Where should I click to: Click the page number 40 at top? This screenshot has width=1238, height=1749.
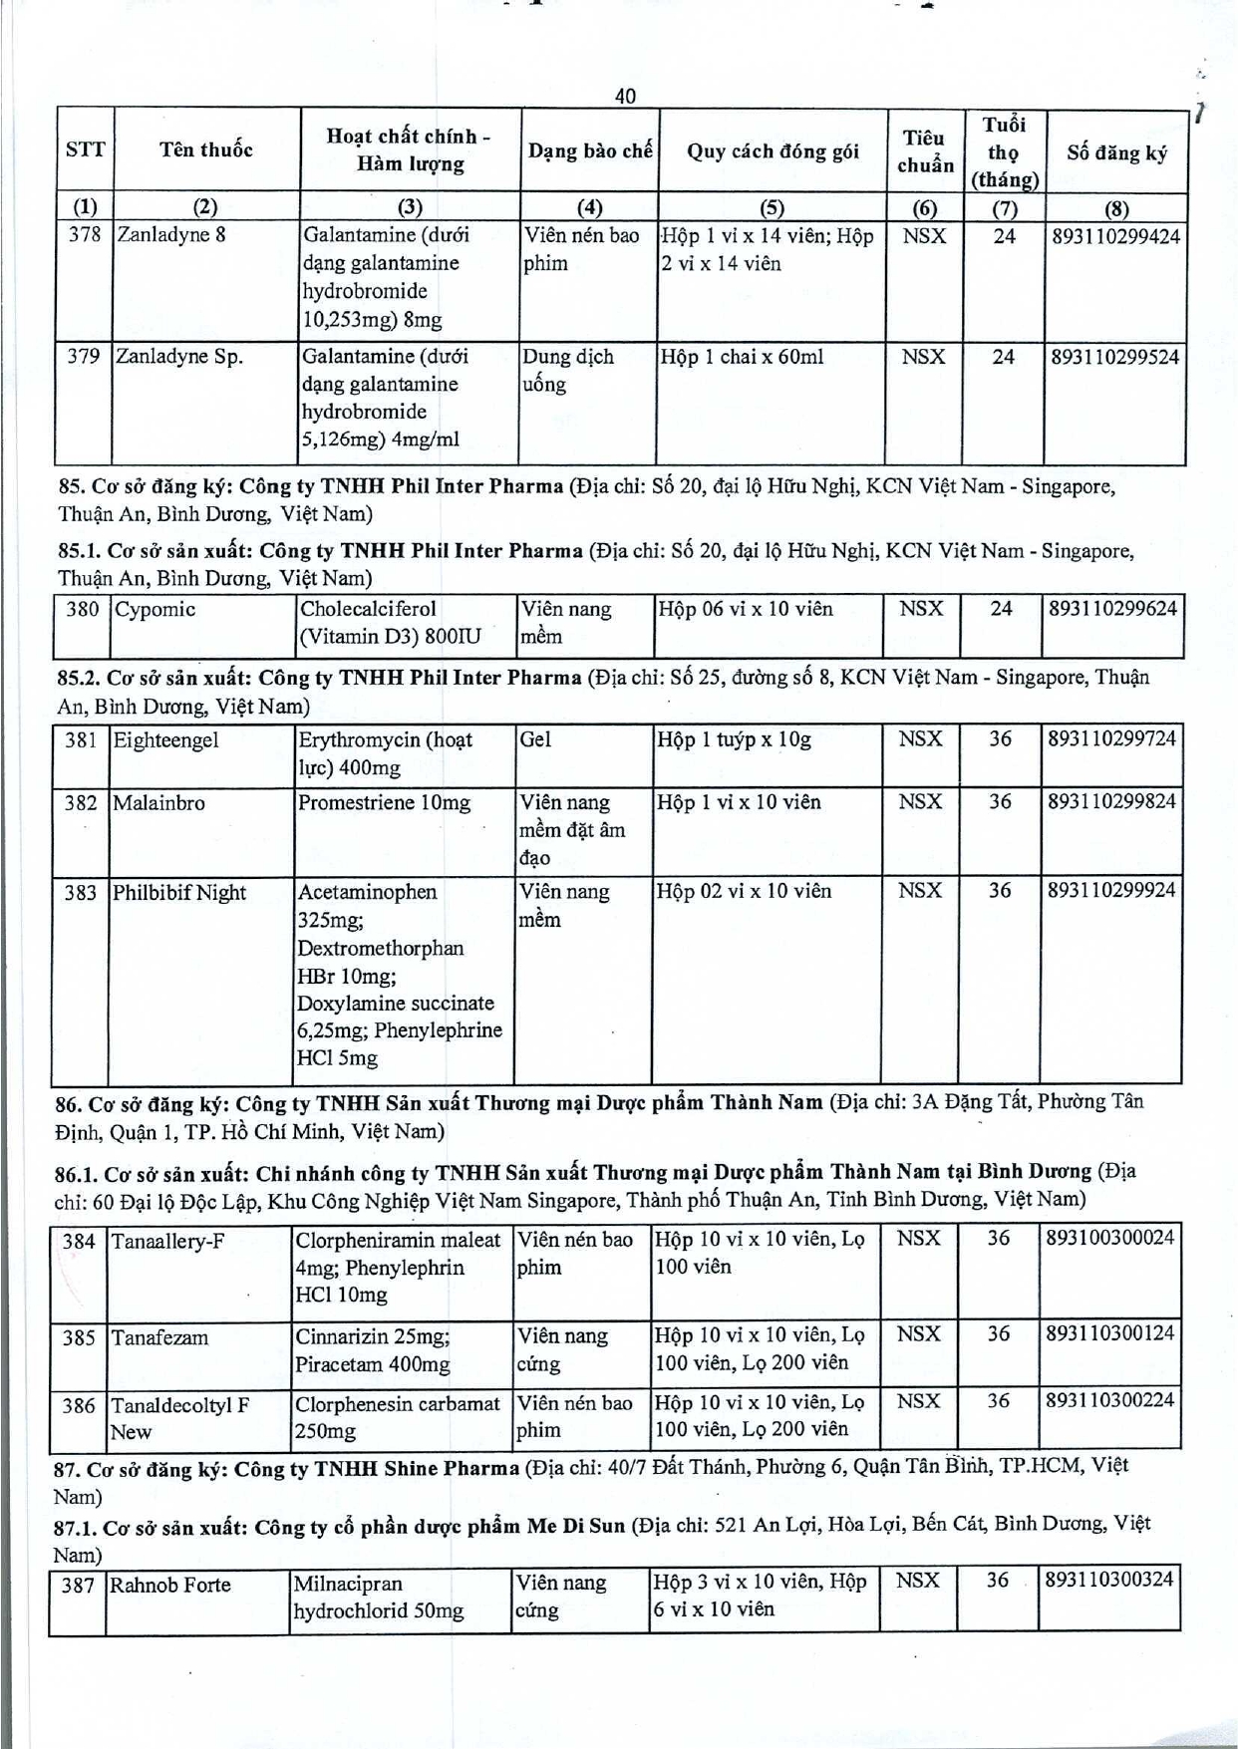point(625,96)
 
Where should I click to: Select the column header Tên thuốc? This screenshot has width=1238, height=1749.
point(206,150)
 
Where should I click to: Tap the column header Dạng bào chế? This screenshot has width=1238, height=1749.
point(590,151)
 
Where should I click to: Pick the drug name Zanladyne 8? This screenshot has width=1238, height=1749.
point(171,236)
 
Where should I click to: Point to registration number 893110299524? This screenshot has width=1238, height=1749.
point(1114,357)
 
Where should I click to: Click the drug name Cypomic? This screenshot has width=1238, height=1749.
point(155,610)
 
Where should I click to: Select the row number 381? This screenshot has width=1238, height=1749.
point(81,740)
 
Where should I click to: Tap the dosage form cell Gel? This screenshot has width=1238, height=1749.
point(535,739)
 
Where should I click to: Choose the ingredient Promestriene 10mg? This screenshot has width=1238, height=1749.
point(384,803)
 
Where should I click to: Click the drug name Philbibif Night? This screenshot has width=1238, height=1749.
point(179,893)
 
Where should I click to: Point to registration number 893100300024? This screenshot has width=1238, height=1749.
point(1110,1239)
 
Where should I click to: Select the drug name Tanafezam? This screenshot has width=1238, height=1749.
point(160,1338)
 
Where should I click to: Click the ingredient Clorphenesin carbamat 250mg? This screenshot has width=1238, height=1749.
point(397,1417)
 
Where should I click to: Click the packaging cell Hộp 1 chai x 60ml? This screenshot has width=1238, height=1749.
point(742,357)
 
